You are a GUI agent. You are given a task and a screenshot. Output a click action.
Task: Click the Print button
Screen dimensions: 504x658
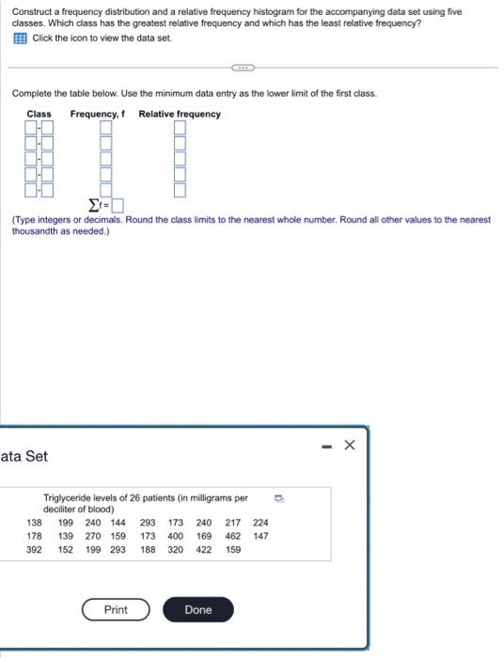(x=116, y=610)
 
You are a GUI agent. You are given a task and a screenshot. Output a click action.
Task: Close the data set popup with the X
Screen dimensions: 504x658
(x=350, y=445)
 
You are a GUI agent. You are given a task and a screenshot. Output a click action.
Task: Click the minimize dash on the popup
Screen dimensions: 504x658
(x=323, y=446)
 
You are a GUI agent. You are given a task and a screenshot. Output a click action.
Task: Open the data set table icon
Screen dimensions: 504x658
(x=20, y=38)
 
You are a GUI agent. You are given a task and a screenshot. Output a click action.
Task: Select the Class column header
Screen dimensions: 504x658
(x=39, y=114)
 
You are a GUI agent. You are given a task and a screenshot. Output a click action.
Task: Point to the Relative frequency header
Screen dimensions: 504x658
(x=180, y=114)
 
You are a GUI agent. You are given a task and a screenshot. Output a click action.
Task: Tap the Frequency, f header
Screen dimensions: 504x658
(x=97, y=114)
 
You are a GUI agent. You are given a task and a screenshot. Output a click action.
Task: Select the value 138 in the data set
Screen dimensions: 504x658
(x=34, y=523)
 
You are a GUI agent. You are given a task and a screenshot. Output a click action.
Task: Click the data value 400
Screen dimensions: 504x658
(x=175, y=536)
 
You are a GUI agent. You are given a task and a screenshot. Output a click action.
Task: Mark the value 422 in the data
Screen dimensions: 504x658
(x=203, y=549)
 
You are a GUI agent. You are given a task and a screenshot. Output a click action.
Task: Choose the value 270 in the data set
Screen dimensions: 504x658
(x=93, y=536)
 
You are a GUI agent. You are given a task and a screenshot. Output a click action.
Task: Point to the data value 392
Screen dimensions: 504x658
(x=34, y=549)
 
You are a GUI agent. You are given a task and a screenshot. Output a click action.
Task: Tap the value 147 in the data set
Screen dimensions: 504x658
(x=260, y=536)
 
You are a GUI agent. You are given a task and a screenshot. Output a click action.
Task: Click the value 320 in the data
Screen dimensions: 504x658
(x=175, y=549)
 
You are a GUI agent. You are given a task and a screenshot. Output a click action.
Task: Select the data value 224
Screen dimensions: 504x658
(x=260, y=523)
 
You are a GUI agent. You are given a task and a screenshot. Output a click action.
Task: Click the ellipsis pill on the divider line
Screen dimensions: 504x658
(x=243, y=68)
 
